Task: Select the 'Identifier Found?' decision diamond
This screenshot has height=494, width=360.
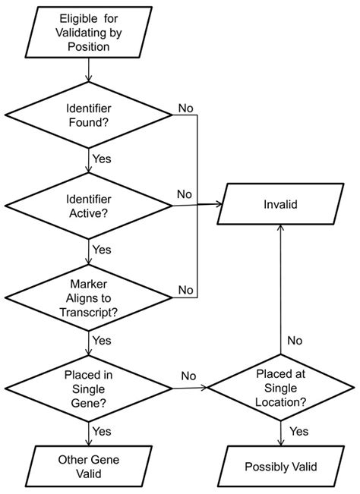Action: [x=90, y=115]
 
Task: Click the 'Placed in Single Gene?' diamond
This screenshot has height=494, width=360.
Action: [x=90, y=388]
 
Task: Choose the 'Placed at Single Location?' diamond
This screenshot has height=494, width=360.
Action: [x=280, y=388]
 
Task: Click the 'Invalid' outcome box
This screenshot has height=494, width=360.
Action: [x=281, y=204]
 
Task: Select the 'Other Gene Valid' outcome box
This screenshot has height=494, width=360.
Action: [x=89, y=466]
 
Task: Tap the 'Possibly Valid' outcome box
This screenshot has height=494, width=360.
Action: [x=280, y=466]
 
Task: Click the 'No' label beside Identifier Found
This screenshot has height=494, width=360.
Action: [x=185, y=108]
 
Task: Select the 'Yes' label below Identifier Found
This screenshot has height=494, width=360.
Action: [x=102, y=159]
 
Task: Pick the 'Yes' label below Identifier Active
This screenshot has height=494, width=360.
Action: [x=102, y=248]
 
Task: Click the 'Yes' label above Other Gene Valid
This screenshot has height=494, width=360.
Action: [x=102, y=431]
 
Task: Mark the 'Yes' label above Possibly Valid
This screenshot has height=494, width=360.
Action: [x=299, y=431]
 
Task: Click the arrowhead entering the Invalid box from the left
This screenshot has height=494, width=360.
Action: [x=219, y=203]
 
